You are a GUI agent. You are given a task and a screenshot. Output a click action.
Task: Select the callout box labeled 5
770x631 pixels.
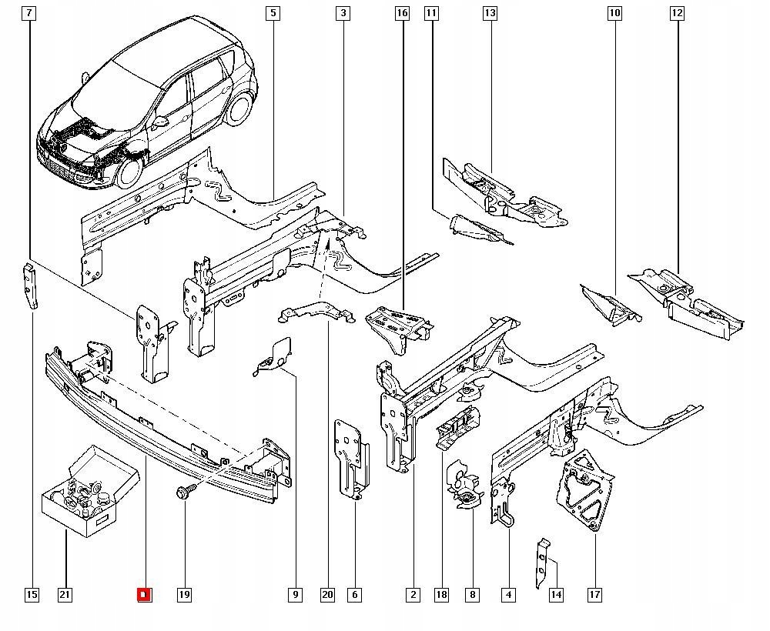pos(273,13)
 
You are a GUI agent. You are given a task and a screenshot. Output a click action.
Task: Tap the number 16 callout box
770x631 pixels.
pos(402,13)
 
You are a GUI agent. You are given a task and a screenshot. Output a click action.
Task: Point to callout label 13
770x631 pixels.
pos(490,13)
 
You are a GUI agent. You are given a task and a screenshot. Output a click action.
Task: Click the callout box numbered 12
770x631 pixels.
pos(677,13)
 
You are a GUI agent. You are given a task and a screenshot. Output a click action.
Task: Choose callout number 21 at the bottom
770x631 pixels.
pos(65,594)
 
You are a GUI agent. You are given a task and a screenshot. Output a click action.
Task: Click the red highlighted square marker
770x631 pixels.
pos(144,594)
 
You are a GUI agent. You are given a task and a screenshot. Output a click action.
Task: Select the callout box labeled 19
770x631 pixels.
pos(184,594)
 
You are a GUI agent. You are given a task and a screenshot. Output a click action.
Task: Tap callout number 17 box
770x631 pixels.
pos(594,594)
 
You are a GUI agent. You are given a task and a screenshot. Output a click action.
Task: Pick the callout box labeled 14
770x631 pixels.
pos(556,594)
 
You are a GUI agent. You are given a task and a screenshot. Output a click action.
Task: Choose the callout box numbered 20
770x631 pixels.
pos(329,594)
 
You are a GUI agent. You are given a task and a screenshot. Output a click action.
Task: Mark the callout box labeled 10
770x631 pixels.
pos(614,13)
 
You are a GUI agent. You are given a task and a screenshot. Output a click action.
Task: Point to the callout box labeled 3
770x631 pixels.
pos(343,13)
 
